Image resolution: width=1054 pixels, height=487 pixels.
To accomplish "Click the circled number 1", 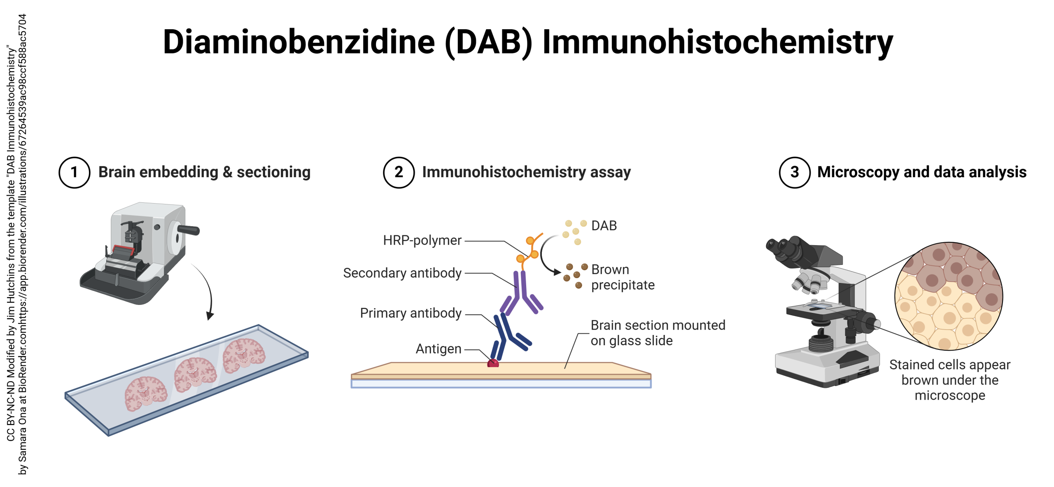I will [x=74, y=172].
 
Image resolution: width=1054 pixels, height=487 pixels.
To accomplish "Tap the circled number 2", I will [x=398, y=172].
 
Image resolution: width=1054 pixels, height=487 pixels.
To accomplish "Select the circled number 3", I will [x=794, y=172].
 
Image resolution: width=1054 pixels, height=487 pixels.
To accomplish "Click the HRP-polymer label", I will [x=422, y=240].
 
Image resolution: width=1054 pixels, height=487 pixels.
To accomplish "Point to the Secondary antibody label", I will [x=402, y=273].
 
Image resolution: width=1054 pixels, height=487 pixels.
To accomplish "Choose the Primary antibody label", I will [x=410, y=313].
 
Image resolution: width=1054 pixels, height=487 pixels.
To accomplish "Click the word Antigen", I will [x=438, y=349].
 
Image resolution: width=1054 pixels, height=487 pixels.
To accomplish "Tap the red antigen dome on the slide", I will [x=493, y=363].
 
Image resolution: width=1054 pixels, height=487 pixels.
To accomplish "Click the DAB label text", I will [x=604, y=226].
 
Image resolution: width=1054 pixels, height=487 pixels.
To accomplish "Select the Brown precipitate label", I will [x=622, y=277].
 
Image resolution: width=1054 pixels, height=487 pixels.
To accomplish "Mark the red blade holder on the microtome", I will [x=123, y=250].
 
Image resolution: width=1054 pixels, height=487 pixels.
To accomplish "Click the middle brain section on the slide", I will [x=195, y=374].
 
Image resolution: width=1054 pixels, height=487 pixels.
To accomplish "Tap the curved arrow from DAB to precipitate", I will [x=543, y=255].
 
